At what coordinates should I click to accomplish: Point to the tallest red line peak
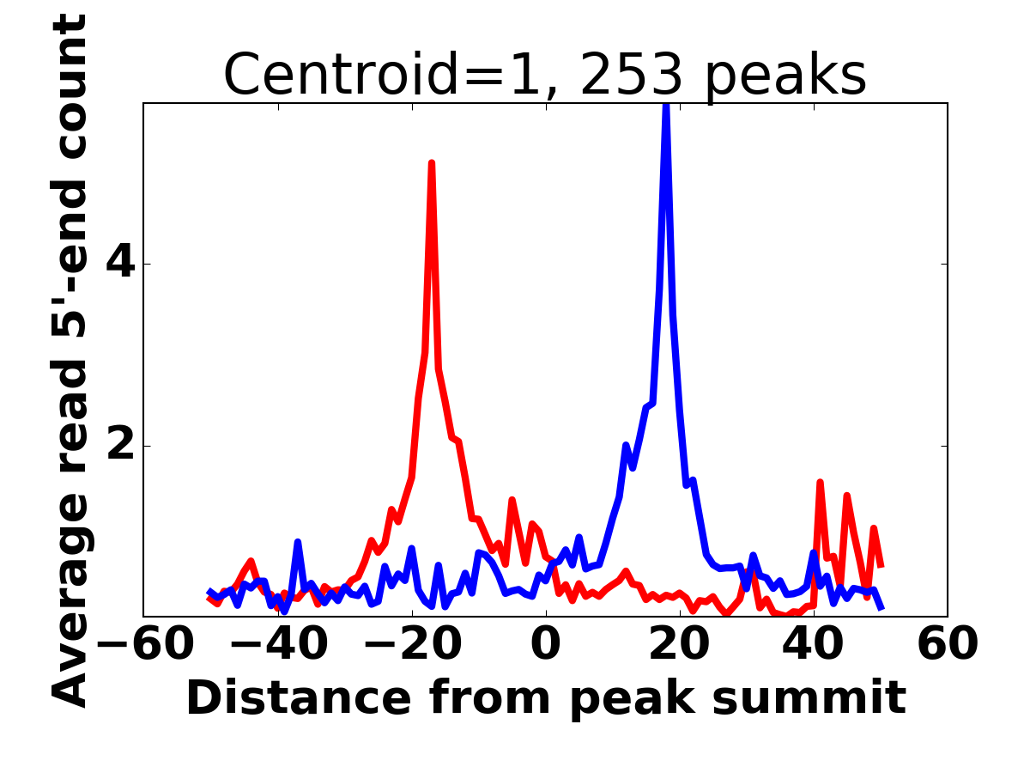tap(432, 163)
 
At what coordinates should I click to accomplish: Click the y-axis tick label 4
tap(121, 265)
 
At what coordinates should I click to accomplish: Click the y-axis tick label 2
tap(121, 447)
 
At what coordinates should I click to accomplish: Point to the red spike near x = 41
tap(820, 483)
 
